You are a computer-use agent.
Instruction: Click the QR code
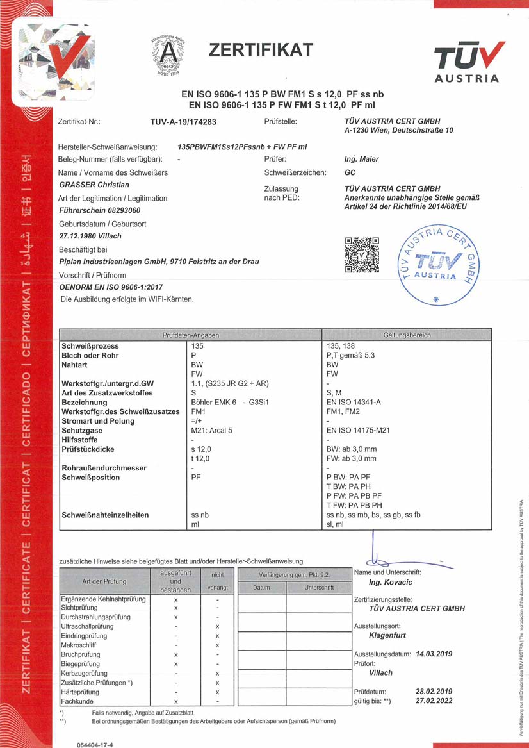click(x=362, y=254)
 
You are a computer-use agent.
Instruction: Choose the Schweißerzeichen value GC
click(x=350, y=172)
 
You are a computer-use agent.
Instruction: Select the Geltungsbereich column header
click(x=407, y=335)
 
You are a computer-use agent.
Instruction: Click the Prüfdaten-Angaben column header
click(x=191, y=335)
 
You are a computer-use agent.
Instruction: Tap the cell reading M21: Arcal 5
click(x=216, y=431)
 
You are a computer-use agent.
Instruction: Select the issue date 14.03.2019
click(x=434, y=654)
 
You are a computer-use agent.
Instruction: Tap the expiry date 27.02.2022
click(x=434, y=701)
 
